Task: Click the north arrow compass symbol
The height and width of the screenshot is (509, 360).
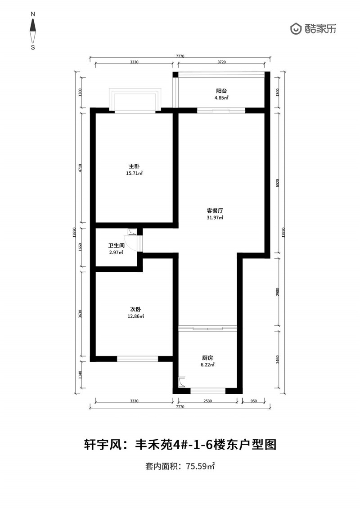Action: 33,31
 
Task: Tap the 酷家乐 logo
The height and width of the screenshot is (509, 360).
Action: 313,29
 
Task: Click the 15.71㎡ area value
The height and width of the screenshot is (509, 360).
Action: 135,173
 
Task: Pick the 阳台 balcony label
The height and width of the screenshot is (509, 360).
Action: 221,91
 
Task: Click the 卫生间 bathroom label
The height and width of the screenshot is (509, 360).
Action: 116,246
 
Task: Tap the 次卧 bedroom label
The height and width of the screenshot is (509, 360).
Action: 135,309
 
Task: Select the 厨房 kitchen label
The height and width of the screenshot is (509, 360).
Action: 207,358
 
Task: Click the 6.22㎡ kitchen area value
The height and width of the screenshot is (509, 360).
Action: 207,365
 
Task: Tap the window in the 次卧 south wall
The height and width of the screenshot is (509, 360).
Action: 137,359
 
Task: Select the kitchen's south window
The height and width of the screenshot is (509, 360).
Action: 208,391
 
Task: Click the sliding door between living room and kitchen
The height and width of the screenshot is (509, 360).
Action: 208,328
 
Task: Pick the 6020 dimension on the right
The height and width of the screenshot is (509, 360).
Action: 277,183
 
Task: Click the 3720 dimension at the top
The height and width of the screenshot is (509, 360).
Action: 221,62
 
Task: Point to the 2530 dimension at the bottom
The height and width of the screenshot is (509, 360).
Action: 207,401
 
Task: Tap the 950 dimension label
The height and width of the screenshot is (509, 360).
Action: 253,401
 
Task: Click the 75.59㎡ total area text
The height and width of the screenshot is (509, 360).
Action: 200,467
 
